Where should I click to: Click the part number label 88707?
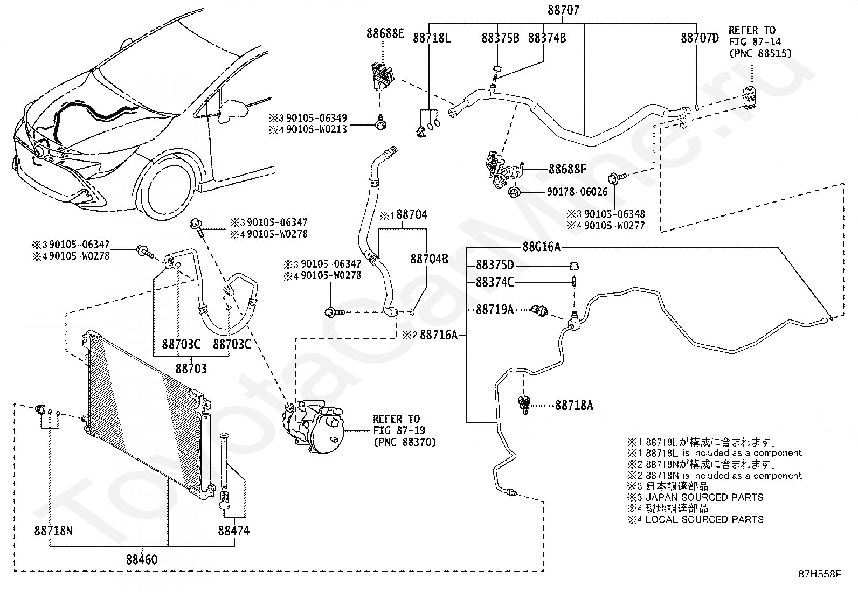pos(563,10)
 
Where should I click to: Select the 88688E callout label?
pos(385,33)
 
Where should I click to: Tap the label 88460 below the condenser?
pos(142,560)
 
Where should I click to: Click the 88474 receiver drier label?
pos(234,531)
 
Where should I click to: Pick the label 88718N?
pos(53,531)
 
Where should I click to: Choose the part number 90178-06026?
pos(577,191)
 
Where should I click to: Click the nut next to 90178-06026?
pos(514,192)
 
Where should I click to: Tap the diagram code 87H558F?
pos(820,574)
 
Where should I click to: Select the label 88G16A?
pos(541,247)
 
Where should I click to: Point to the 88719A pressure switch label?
pos(495,309)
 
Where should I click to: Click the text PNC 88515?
pos(760,53)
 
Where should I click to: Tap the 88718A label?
pos(574,405)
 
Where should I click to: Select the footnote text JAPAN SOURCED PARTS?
pos(704,497)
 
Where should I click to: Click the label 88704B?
pos(429,259)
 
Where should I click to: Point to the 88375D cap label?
pos(495,265)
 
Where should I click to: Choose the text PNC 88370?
pos(405,442)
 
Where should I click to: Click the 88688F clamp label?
pos(568,169)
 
